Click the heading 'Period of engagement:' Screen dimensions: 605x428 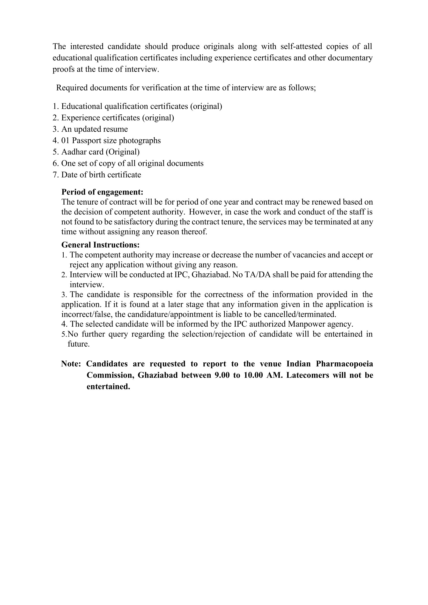coord(102,192)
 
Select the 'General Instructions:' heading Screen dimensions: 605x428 coord(100,245)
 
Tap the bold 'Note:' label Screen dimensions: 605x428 coord(71,364)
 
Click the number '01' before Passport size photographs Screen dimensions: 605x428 coord(65,140)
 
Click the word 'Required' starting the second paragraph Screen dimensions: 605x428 coord(72,88)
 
